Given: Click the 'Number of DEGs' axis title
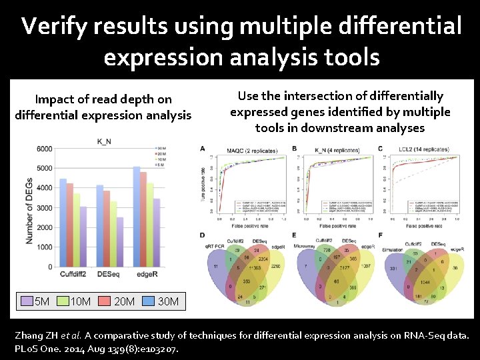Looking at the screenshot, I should pos(29,207).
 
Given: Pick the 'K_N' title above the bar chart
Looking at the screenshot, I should pos(105,141).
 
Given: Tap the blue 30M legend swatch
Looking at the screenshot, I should pos(145,301).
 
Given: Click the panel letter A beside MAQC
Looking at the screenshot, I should pos(203,148).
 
